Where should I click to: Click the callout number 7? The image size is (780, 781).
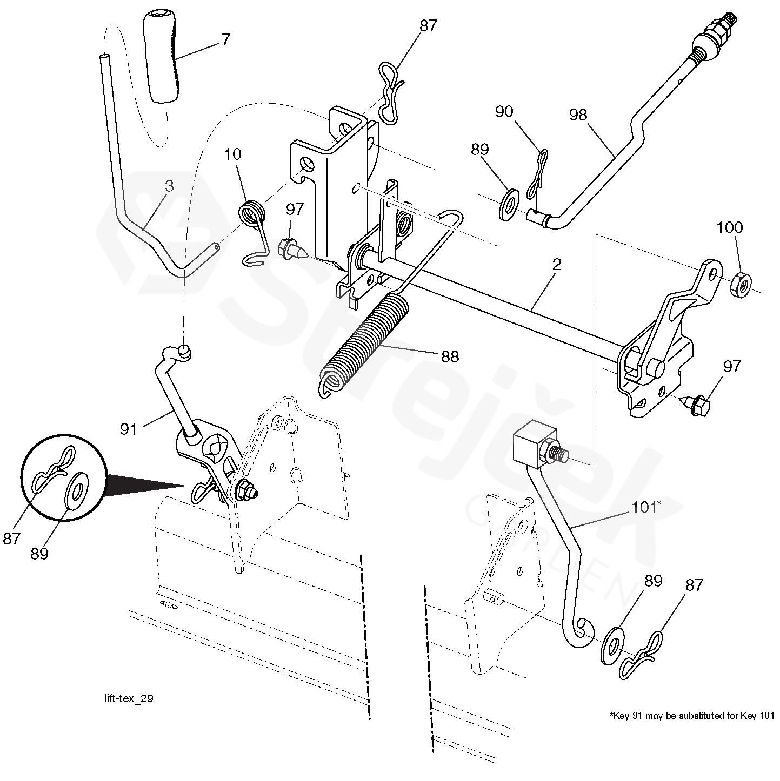pyautogui.click(x=225, y=40)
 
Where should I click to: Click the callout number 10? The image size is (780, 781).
pyautogui.click(x=232, y=154)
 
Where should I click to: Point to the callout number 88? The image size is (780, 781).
pyautogui.click(x=450, y=357)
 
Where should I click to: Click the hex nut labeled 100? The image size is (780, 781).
pyautogui.click(x=742, y=285)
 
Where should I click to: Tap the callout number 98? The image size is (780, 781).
pyautogui.click(x=578, y=115)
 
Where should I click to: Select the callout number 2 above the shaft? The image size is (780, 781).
pyautogui.click(x=557, y=265)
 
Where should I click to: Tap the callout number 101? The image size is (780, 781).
pyautogui.click(x=644, y=508)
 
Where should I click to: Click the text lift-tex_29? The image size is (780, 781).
pyautogui.click(x=129, y=698)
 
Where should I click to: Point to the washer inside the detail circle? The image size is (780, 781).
pyautogui.click(x=77, y=493)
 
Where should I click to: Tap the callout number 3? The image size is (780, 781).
pyautogui.click(x=169, y=186)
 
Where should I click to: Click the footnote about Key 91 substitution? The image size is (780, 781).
pyautogui.click(x=692, y=715)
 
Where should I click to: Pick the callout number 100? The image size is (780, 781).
pyautogui.click(x=730, y=227)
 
